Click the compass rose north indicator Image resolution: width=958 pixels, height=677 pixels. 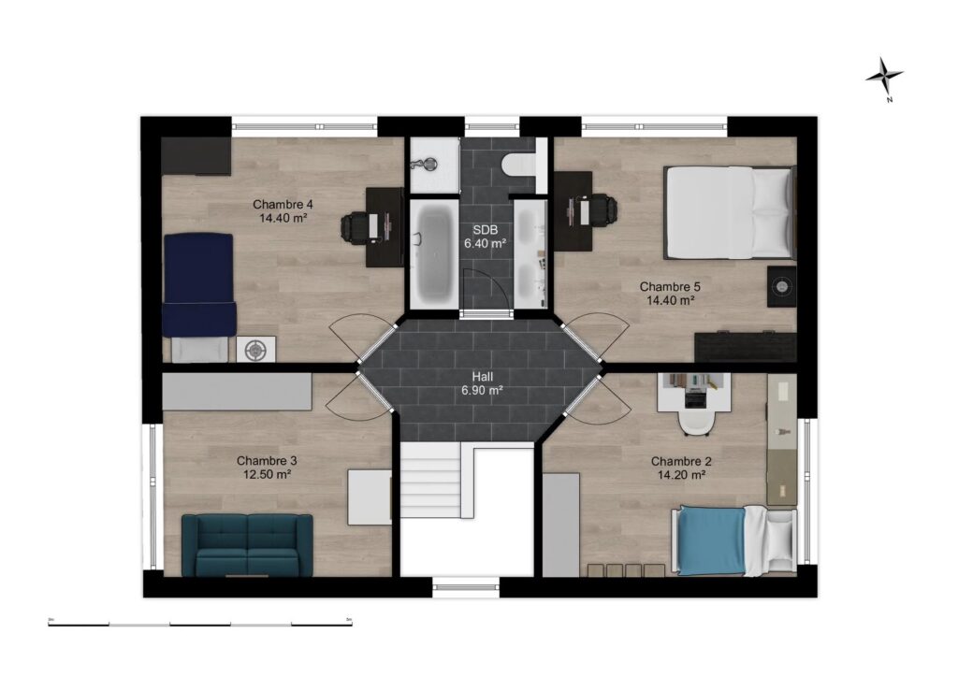884,77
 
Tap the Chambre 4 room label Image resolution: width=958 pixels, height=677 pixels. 283,210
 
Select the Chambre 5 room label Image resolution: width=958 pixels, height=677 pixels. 670,294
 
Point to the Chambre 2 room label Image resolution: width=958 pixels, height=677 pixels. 681,468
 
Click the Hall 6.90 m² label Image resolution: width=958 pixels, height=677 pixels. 483,383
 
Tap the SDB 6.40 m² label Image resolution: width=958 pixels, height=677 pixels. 485,236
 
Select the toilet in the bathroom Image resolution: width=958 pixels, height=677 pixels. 517,166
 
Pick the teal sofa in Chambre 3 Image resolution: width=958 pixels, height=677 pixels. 247,545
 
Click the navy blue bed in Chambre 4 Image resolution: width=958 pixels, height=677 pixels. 198,284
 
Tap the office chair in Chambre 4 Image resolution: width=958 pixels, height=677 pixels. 357,226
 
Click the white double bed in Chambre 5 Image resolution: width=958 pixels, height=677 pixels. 728,212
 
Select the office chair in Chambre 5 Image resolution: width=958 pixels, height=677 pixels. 602,209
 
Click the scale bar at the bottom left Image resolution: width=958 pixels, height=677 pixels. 200,623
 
